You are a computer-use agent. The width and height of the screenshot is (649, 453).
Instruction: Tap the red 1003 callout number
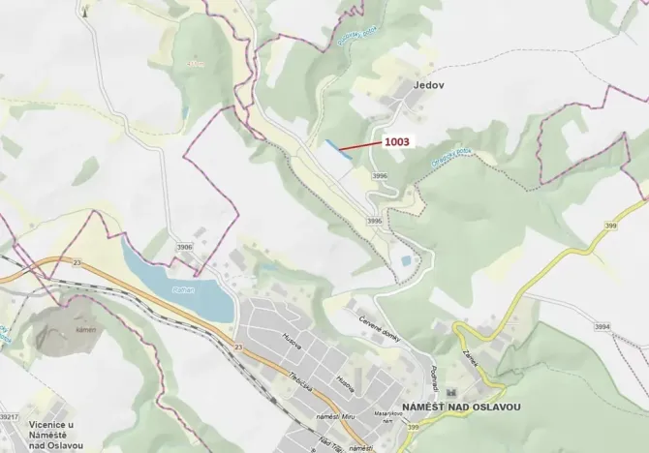[397, 141]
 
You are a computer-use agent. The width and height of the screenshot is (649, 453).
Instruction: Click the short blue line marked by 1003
[338, 148]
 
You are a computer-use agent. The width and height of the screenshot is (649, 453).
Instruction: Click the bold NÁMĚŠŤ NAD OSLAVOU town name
[464, 408]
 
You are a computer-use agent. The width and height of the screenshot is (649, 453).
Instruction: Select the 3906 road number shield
[185, 247]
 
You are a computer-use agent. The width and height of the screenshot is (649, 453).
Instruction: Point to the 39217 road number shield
[9, 416]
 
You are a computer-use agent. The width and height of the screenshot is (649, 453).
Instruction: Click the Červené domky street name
[381, 328]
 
